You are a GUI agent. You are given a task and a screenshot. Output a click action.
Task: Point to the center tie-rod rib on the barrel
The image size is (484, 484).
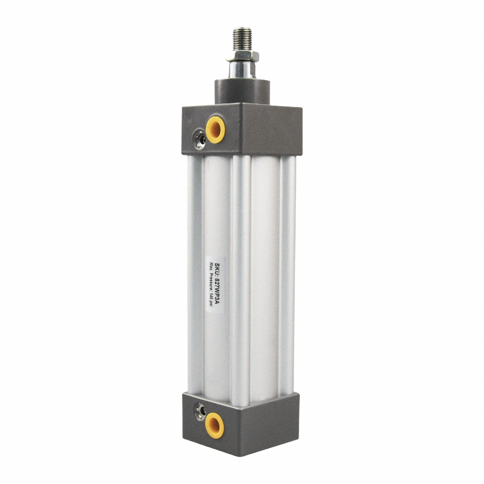[241, 269]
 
